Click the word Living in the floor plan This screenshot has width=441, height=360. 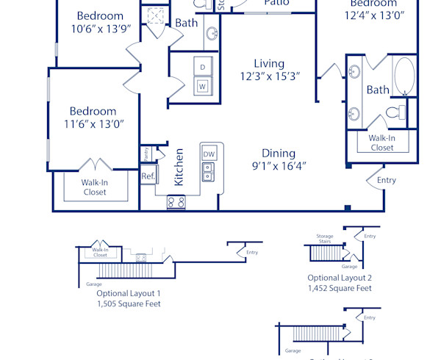click(269, 64)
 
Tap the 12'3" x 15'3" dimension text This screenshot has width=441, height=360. click(269, 76)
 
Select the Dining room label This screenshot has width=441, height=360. click(279, 154)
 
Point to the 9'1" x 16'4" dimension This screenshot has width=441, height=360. click(279, 166)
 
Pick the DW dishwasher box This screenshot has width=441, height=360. click(209, 154)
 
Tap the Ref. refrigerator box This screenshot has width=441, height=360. click(148, 176)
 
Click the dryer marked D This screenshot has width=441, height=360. click(202, 68)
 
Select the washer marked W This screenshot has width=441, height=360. click(202, 87)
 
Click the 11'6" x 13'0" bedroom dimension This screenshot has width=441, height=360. click(94, 123)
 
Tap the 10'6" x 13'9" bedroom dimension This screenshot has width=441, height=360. click(100, 29)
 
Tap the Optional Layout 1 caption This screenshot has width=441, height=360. click(129, 292)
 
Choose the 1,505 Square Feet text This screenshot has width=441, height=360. click(129, 303)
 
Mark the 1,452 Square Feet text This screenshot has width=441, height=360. click(340, 289)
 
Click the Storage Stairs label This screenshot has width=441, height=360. click(325, 240)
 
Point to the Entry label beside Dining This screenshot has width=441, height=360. click(386, 180)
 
